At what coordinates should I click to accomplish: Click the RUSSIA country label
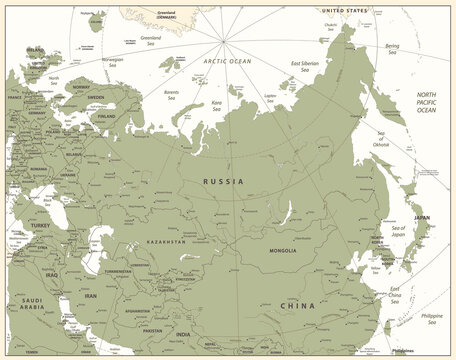click(x=222, y=181)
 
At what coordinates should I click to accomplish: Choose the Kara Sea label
click(x=216, y=103)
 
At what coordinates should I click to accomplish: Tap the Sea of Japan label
click(x=405, y=235)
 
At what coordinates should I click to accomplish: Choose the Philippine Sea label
click(x=431, y=318)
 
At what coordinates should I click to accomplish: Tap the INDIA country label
click(x=183, y=335)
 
